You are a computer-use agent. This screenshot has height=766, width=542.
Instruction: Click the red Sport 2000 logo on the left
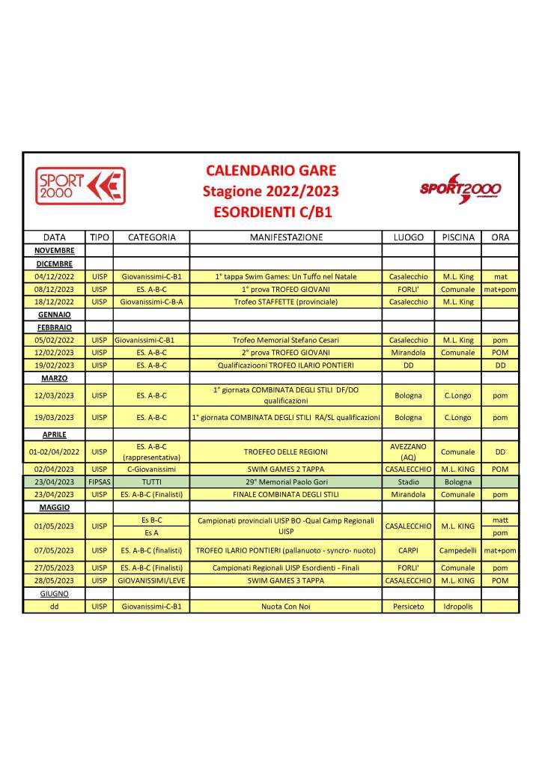pos(80,186)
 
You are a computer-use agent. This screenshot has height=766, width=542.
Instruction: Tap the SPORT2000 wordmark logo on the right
pos(460,189)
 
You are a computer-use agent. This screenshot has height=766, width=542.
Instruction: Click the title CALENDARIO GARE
pos(270,170)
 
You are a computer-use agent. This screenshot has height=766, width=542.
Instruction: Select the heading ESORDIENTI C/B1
pos(270,212)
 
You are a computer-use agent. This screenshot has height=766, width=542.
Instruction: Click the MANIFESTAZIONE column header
pos(285,237)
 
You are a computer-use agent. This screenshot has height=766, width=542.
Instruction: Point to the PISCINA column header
pos(457,237)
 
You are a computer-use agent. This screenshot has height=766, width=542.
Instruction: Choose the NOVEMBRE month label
pos(55,250)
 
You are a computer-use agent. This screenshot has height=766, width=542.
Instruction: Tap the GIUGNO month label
pos(55,593)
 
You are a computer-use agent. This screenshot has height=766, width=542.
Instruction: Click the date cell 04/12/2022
pos(55,276)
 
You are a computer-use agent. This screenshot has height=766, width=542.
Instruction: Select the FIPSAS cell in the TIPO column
pos(100,481)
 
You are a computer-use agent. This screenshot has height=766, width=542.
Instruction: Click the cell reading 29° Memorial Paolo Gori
pos(285,481)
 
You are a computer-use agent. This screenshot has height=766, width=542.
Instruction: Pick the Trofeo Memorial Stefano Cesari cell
pos(285,339)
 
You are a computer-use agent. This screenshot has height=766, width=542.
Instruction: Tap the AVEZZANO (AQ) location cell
pos(408,452)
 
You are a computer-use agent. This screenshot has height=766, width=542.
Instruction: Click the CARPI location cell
pos(408,550)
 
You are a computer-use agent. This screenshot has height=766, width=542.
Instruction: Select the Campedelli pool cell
pos(457,550)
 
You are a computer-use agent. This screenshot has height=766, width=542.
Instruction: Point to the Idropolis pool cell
pos(457,607)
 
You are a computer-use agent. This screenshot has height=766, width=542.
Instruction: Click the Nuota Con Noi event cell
pos(285,607)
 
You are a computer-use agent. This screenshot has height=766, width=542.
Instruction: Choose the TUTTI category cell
pos(152,481)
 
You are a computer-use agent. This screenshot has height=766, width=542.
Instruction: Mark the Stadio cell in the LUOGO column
pos(408,481)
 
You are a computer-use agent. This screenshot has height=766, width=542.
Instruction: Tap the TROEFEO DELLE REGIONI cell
pos(285,452)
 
